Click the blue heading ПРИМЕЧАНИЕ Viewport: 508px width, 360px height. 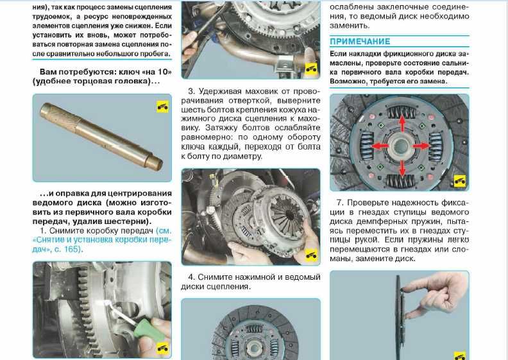click(x=360, y=42)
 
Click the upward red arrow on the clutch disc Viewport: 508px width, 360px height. click(x=402, y=122)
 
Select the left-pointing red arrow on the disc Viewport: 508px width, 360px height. click(x=380, y=146)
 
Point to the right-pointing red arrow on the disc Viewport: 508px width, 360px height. click(x=421, y=146)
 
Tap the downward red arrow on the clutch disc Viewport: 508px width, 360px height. click(x=402, y=168)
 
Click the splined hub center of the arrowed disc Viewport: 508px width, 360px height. click(x=401, y=145)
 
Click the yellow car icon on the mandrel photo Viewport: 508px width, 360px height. click(x=163, y=107)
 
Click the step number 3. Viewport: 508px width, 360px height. click(x=191, y=91)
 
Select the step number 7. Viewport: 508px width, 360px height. click(x=339, y=203)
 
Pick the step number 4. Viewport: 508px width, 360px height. click(x=191, y=277)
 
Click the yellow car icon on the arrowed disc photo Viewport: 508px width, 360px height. click(x=459, y=181)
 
